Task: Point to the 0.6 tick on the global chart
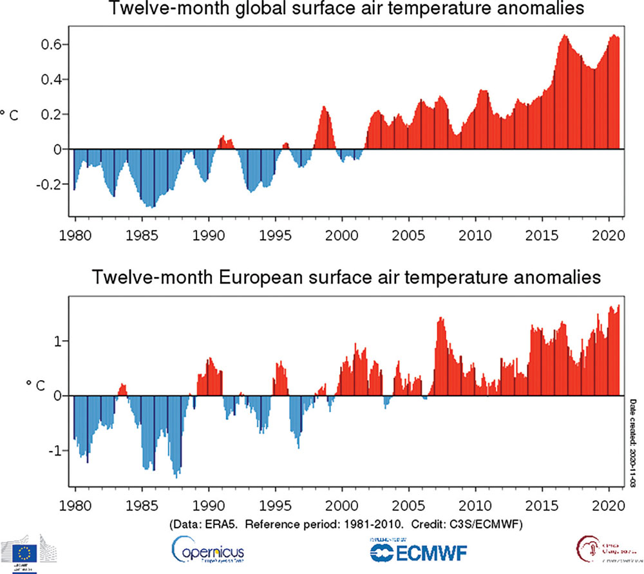click(x=51, y=44)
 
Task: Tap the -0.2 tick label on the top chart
click(x=48, y=184)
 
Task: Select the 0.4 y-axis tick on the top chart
click(x=51, y=79)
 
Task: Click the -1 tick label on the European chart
click(x=55, y=450)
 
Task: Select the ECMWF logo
click(x=419, y=551)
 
